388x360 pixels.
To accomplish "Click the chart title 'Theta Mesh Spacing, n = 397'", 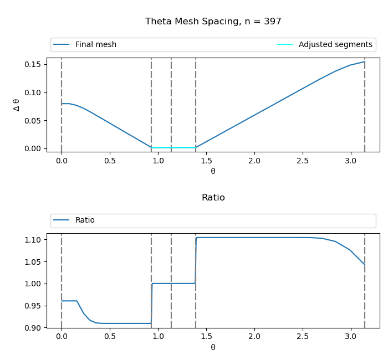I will [x=213, y=22].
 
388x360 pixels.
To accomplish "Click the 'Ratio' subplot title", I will [x=213, y=198].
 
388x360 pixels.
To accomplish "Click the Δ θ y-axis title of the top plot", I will [x=16, y=105].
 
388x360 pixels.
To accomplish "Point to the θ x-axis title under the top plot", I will [x=213, y=171].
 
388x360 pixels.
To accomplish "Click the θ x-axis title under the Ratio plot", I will [x=213, y=347].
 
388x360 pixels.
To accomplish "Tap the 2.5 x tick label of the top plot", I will [x=303, y=161].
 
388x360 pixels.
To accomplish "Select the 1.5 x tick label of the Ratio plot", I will [x=206, y=337].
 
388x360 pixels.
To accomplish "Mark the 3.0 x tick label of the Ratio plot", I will [x=350, y=337].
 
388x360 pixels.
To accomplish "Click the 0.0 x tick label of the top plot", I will [x=62, y=161].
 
